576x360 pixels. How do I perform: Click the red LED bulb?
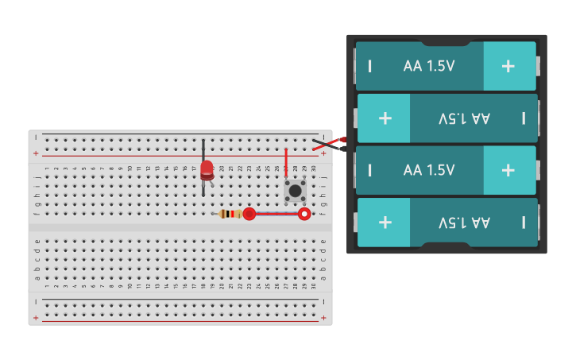(207, 168)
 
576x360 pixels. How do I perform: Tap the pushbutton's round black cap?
(296, 191)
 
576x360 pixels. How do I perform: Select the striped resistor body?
(231, 214)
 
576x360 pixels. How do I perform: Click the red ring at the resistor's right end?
(249, 214)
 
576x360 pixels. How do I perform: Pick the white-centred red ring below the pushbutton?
(303, 214)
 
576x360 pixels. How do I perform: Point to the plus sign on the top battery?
(508, 66)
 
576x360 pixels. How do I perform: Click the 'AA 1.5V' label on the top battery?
(429, 66)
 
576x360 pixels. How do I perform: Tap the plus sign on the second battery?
(385, 118)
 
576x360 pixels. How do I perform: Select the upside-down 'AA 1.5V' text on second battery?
(464, 118)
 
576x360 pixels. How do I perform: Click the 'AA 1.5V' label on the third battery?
(429, 170)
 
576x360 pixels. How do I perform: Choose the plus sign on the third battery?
(508, 170)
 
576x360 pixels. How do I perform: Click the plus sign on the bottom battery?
(385, 222)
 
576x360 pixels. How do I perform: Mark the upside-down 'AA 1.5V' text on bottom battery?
(464, 222)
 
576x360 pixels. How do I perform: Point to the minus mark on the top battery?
(369, 66)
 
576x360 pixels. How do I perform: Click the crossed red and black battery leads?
(328, 144)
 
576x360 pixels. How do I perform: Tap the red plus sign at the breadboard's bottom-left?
(35, 318)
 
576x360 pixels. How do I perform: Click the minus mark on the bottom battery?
(524, 222)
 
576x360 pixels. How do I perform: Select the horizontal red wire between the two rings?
(276, 214)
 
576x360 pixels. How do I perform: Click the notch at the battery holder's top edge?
(446, 41)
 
